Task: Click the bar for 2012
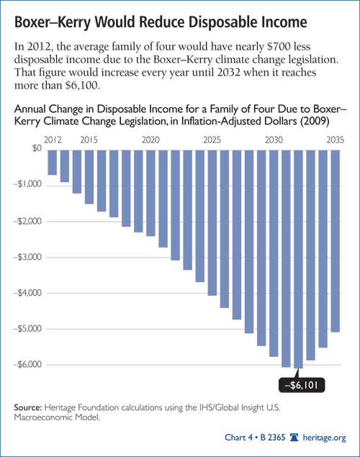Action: click(52, 163)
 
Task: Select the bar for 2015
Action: click(89, 177)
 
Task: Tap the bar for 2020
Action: click(150, 193)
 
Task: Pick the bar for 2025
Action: click(212, 222)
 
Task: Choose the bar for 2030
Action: click(274, 253)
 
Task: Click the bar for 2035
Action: click(336, 241)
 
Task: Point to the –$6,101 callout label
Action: click(302, 385)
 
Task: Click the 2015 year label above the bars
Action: click(89, 140)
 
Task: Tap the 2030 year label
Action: click(274, 140)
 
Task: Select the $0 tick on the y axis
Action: click(37, 148)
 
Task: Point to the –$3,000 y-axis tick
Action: click(27, 257)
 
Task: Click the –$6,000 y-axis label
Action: click(27, 364)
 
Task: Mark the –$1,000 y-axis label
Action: click(27, 184)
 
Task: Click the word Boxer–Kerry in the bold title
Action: click(53, 22)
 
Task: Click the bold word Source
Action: click(28, 407)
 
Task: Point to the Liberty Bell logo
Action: click(294, 437)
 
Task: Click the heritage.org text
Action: click(324, 438)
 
